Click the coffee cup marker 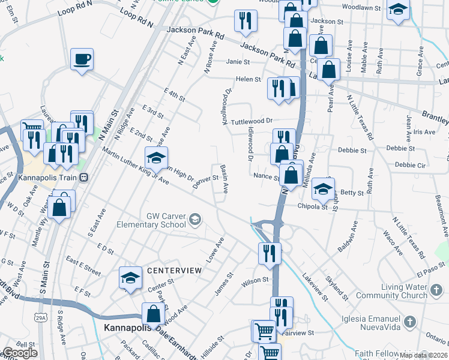(82, 59)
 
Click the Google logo (20, 353)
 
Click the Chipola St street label (312, 206)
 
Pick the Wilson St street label (255, 280)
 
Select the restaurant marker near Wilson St (270, 253)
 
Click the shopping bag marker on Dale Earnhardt (153, 313)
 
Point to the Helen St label (248, 79)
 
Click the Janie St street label (238, 61)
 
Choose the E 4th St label (174, 95)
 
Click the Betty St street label (352, 193)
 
